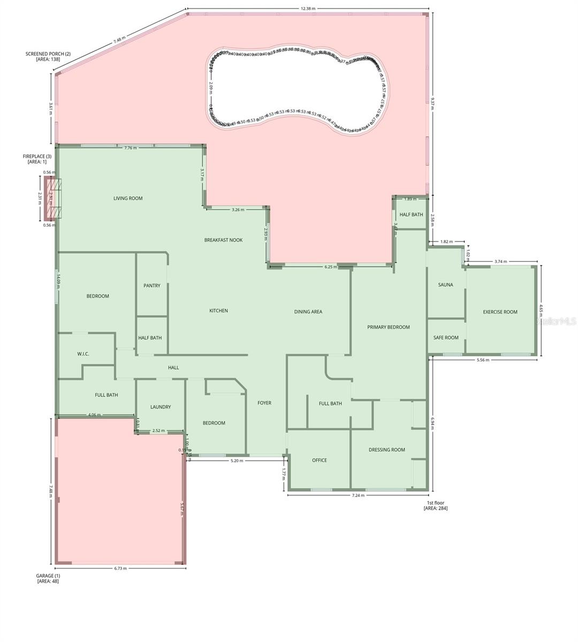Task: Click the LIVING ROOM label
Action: coord(128,198)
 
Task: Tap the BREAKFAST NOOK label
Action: coord(223,240)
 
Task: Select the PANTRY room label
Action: coord(152,286)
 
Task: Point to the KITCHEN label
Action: coord(218,311)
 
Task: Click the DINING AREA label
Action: coord(308,312)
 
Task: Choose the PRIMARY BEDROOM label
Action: coord(389,327)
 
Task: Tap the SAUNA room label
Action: coord(445,285)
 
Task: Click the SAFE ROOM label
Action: coord(446,338)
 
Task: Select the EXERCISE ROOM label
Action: coord(500,312)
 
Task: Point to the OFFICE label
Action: coord(320,460)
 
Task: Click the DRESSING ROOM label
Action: coord(387,450)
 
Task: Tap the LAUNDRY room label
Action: coord(161,407)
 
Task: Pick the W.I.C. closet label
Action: coord(83,354)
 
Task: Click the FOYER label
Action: coord(264,403)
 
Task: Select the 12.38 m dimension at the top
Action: coord(308,9)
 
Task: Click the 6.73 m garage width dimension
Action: coord(120,568)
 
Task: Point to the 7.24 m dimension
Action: coord(358,495)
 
